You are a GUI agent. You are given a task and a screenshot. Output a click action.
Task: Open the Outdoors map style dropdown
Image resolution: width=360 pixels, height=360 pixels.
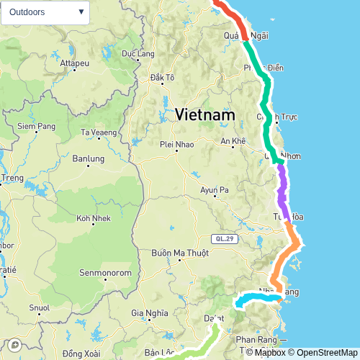[x=45, y=12]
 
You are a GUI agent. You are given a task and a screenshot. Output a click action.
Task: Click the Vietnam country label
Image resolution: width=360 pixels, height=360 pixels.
[x=205, y=115]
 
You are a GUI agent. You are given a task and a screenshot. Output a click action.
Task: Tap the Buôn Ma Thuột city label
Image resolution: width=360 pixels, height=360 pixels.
[x=180, y=253]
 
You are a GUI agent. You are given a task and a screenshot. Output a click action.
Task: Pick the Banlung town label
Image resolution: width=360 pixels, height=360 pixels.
[x=89, y=158]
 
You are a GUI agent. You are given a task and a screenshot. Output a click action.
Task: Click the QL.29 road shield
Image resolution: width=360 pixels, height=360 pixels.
[x=224, y=238]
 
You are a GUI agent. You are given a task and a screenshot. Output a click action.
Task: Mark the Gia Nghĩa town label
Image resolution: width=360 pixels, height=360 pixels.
[x=150, y=312]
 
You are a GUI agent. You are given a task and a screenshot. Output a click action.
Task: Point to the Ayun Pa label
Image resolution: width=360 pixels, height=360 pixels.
[x=214, y=190]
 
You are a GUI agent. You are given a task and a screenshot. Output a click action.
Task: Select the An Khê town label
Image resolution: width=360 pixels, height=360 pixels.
[x=233, y=141]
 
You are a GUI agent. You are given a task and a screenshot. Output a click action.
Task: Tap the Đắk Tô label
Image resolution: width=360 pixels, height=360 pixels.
[x=162, y=77]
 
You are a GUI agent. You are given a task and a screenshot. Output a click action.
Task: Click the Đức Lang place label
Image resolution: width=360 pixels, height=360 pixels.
[x=138, y=53]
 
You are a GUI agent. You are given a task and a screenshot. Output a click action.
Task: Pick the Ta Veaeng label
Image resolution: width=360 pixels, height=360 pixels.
[x=99, y=132]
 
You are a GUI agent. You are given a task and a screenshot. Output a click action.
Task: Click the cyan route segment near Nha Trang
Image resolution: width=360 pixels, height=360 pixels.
[x=256, y=297]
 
